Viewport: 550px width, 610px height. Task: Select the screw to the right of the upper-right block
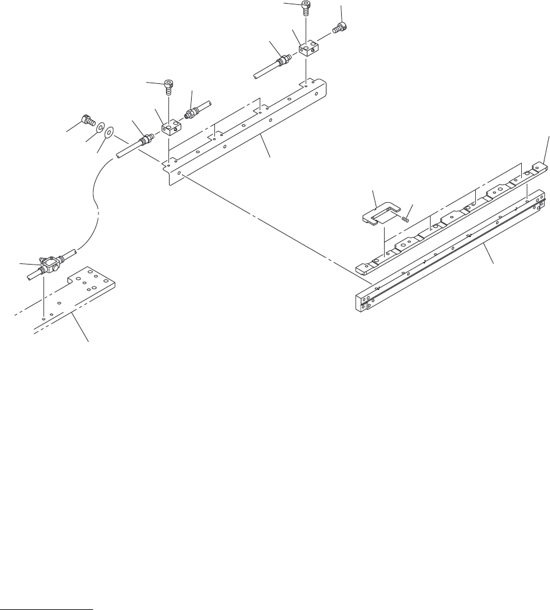(338, 27)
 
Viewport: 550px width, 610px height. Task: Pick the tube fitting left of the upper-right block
(282, 61)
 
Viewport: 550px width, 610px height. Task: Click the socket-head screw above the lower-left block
(168, 86)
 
